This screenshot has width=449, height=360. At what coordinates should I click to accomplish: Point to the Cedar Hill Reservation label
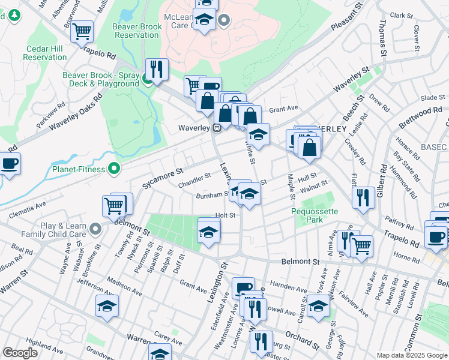click(45, 53)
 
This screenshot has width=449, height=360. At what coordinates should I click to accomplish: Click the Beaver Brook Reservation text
click(137, 31)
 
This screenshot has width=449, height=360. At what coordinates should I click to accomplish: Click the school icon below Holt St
click(208, 232)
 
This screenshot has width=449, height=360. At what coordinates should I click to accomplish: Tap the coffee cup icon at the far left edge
click(9, 163)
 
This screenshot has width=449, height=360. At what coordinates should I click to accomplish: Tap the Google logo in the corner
click(20, 353)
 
